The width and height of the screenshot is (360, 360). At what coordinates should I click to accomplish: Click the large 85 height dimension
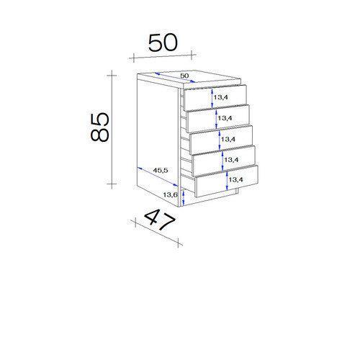click(x=100, y=127)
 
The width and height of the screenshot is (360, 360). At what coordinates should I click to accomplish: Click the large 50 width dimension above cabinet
click(x=163, y=42)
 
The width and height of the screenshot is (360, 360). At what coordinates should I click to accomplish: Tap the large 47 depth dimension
click(x=159, y=220)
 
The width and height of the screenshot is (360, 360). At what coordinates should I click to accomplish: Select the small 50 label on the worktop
click(x=184, y=76)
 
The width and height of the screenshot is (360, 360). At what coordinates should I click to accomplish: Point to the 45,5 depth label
click(x=161, y=171)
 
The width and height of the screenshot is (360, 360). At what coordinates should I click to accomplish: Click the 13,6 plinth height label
click(x=170, y=195)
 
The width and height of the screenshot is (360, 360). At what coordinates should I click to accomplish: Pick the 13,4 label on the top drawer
click(x=220, y=97)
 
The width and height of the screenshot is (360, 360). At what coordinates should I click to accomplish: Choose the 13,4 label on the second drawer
click(x=225, y=118)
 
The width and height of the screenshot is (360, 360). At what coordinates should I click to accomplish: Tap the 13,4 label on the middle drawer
click(x=228, y=139)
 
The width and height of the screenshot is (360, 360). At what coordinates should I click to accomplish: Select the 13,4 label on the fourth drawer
click(x=231, y=160)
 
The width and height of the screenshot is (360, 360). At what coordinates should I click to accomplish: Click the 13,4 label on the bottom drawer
click(x=235, y=179)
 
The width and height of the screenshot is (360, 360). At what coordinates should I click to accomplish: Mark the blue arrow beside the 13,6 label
click(x=183, y=197)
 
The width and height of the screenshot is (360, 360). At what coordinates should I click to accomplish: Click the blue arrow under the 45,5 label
click(x=158, y=176)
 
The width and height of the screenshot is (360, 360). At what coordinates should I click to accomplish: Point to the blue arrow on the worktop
click(x=175, y=78)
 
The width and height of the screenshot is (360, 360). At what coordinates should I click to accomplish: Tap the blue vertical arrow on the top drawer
click(x=212, y=99)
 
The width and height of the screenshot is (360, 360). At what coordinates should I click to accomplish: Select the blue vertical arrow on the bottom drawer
click(x=227, y=181)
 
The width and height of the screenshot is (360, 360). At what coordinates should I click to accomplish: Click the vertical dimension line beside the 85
click(x=112, y=130)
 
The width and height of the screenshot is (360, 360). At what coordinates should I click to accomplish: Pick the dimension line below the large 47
click(x=156, y=233)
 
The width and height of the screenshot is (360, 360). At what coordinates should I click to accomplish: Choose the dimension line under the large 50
click(x=163, y=56)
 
